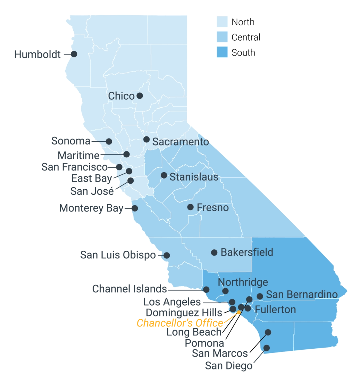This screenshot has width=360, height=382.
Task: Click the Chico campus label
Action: [x=121, y=96]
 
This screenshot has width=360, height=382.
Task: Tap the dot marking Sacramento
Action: [x=146, y=140]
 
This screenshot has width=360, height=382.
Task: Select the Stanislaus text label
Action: [x=194, y=177]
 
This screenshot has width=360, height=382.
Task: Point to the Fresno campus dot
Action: [x=190, y=207]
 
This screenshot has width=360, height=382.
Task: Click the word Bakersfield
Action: [x=247, y=252]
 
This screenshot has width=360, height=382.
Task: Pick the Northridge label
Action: [x=243, y=282]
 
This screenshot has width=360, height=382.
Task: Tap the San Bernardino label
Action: [x=302, y=294]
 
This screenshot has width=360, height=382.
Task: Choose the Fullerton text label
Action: [x=275, y=309]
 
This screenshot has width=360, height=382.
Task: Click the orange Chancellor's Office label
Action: [x=179, y=323]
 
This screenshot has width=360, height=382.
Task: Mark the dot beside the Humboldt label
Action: [x=74, y=54]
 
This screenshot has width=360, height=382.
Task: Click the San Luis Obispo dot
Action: [x=167, y=255]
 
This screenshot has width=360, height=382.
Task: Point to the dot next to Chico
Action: [x=140, y=95]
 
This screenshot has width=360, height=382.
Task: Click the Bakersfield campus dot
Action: [x=214, y=252]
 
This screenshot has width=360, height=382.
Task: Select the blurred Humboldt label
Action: [x=37, y=54]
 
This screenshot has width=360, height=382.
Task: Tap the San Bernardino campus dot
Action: [x=260, y=296]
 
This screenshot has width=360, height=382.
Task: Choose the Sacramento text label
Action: [x=181, y=142]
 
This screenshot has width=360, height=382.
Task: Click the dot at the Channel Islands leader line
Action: [x=206, y=289]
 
